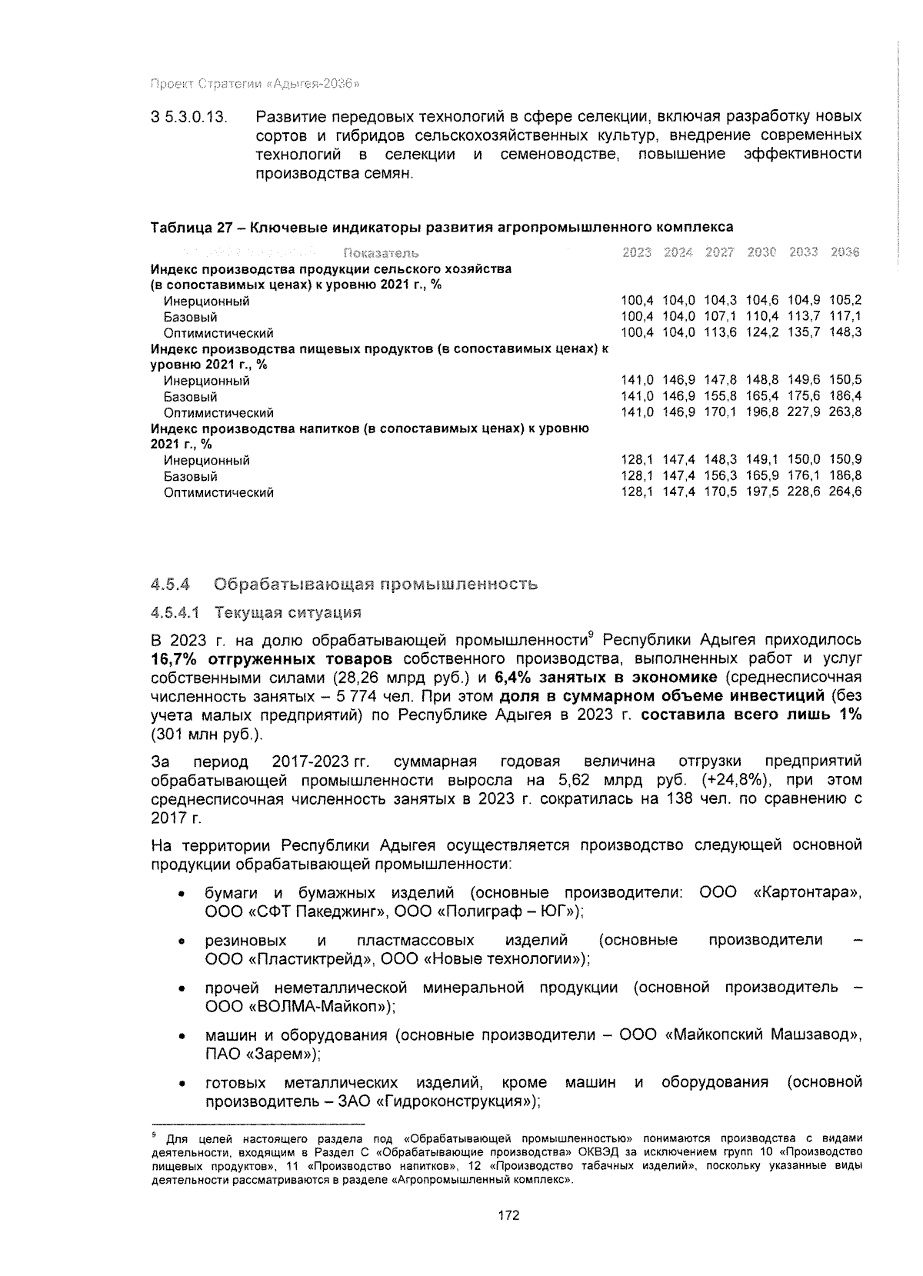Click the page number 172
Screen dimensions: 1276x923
pyautogui.click(x=508, y=1216)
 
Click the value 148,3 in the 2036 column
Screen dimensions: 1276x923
pyautogui.click(x=845, y=333)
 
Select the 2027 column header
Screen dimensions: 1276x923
pyautogui.click(x=719, y=253)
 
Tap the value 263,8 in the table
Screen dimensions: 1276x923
pyautogui.click(x=845, y=412)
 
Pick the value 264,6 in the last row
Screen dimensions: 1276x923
pyautogui.click(x=845, y=492)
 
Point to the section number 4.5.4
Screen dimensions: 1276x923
pyautogui.click(x=171, y=584)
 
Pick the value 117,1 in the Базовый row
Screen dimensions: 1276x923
pyautogui.click(x=845, y=317)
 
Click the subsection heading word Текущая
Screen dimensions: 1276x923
pyautogui.click(x=247, y=613)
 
